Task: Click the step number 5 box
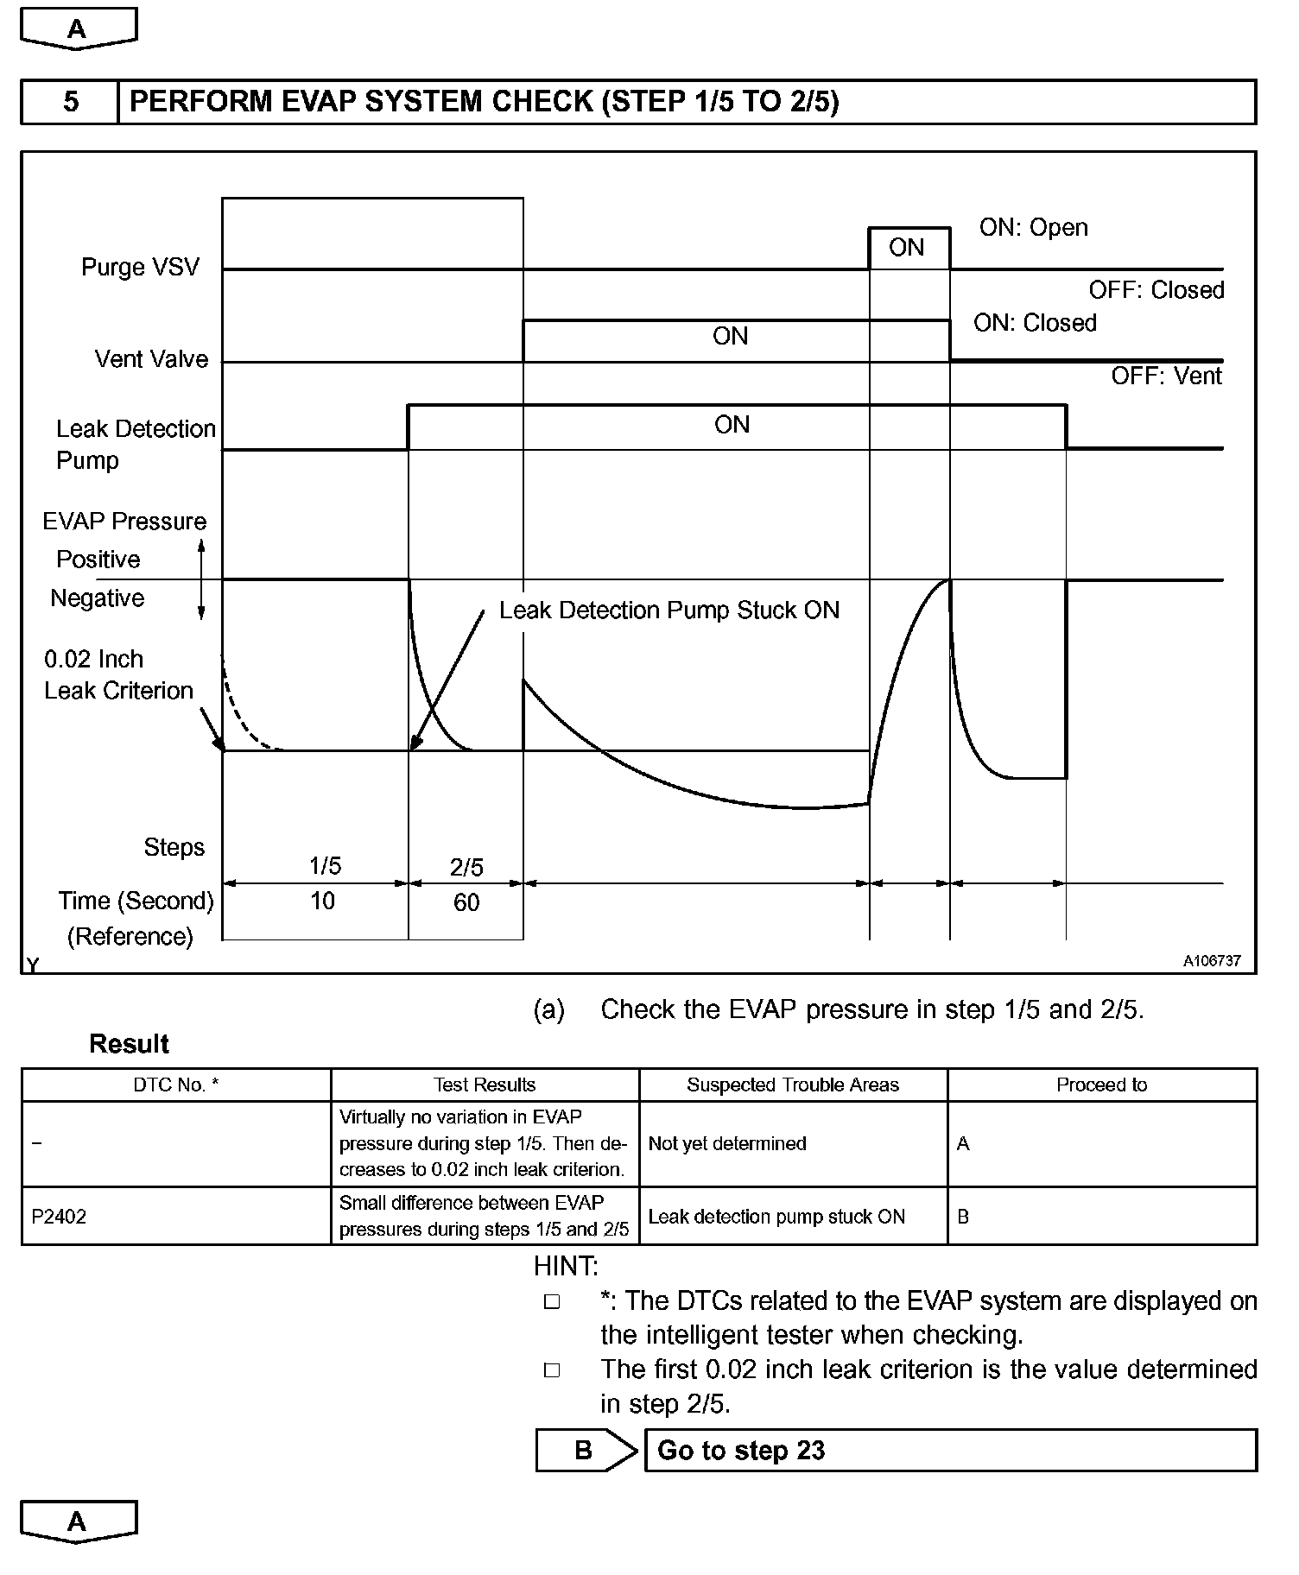(70, 102)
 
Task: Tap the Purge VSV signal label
(140, 267)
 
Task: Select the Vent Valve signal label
(151, 359)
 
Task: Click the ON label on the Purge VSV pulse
(906, 248)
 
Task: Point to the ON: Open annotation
(1033, 227)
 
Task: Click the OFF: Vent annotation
(1166, 376)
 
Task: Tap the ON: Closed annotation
(1035, 323)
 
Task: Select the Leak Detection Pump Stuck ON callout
(669, 610)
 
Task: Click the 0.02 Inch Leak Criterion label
(118, 674)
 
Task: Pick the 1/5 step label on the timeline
(325, 865)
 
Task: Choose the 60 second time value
(466, 902)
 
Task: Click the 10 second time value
(322, 901)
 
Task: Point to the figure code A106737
(1212, 961)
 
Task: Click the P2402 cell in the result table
(60, 1217)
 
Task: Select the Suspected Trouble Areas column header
(792, 1085)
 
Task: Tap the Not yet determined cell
(727, 1143)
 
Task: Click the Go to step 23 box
(950, 1450)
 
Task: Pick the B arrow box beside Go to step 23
(585, 1450)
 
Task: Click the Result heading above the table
(129, 1044)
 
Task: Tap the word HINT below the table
(566, 1266)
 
